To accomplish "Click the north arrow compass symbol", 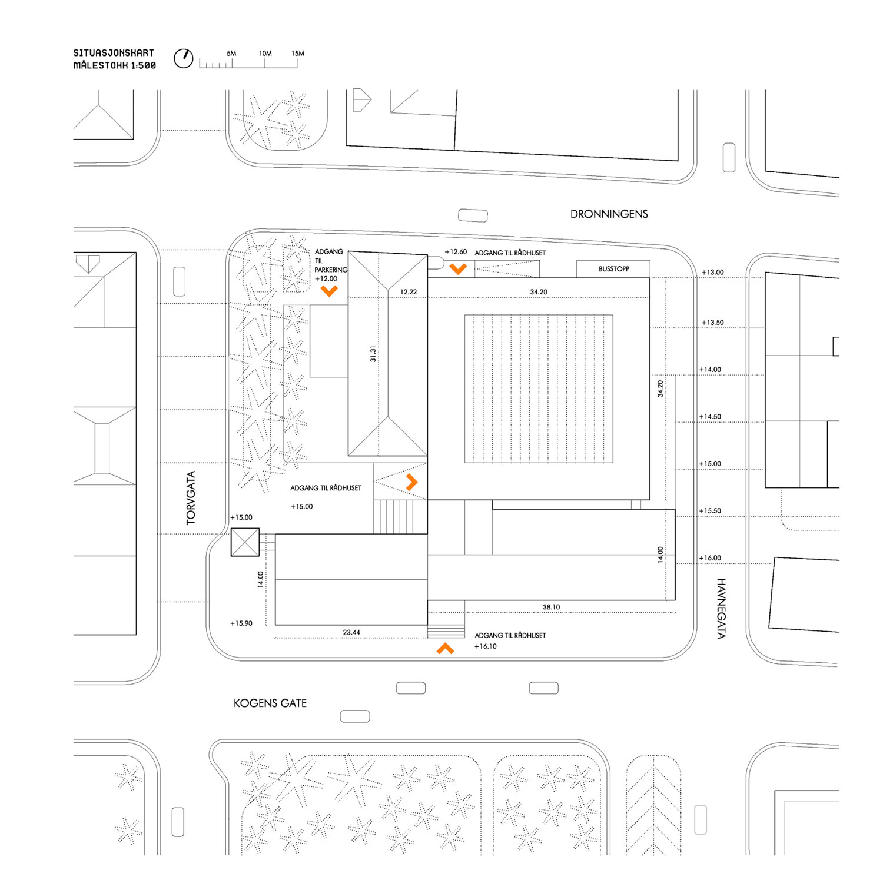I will tap(183, 58).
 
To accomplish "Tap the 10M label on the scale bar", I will tap(265, 54).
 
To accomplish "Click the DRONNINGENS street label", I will tap(609, 214).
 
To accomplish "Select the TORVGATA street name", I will tap(191, 498).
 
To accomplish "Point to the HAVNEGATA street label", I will tap(721, 608).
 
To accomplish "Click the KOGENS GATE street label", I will tap(270, 703).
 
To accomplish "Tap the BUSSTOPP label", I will tap(613, 269).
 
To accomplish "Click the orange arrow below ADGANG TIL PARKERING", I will tap(329, 291).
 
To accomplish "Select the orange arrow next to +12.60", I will tap(458, 269).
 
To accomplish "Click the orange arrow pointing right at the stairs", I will tap(412, 483).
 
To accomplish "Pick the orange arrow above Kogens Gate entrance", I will tap(445, 649).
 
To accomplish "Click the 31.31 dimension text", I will tap(373, 354).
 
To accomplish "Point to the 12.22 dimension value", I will tap(408, 292).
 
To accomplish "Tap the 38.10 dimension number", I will tap(551, 608).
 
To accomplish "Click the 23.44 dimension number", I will tap(351, 633).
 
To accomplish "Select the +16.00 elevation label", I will tap(710, 558).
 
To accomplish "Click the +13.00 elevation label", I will tap(712, 273).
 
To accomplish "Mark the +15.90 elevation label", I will tap(241, 623).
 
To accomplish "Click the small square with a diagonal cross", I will tap(245, 542).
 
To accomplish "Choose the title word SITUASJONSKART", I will tap(114, 53).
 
